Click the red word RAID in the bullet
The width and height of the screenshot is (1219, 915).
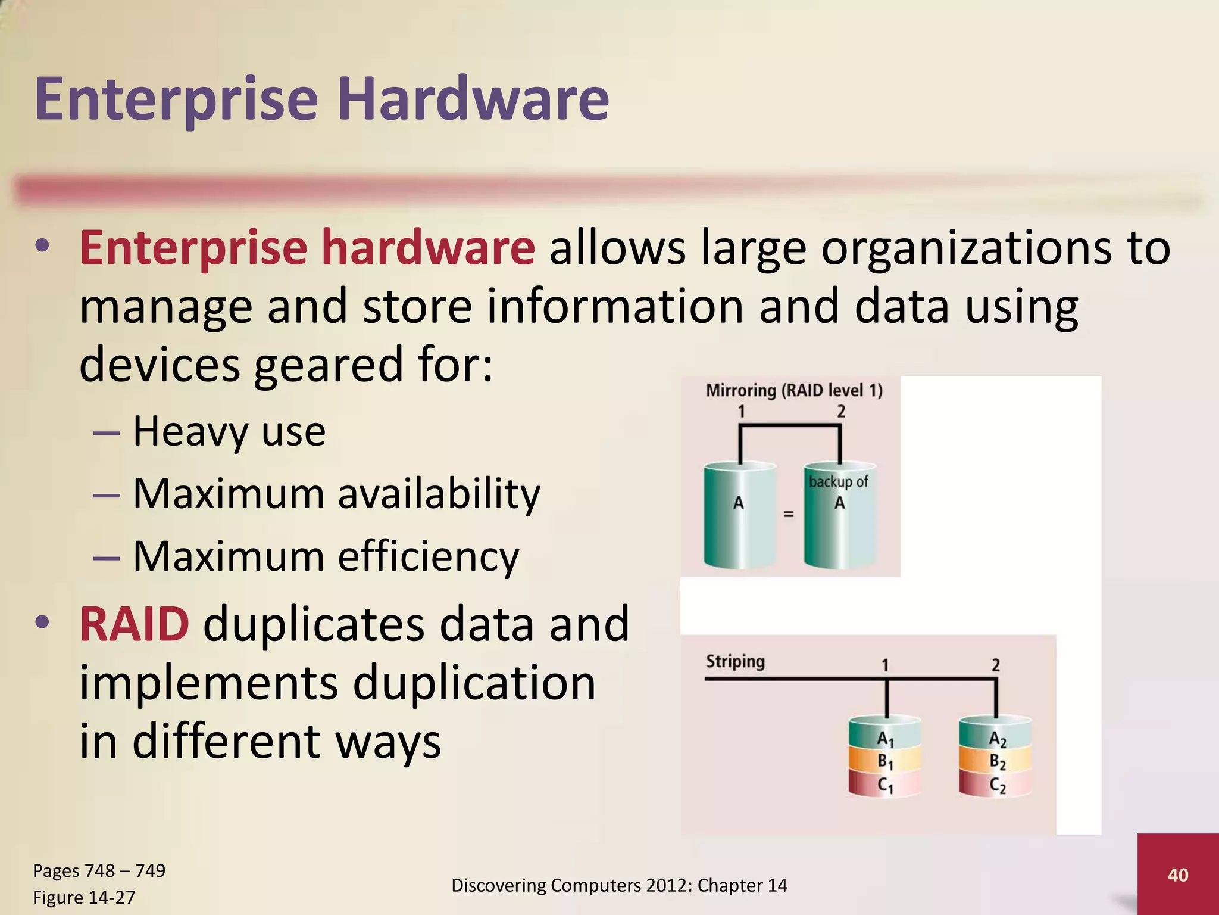(135, 624)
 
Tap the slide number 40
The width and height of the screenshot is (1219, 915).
(1178, 874)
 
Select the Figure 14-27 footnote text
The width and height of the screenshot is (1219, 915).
(84, 897)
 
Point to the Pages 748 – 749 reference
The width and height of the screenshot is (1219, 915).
(99, 870)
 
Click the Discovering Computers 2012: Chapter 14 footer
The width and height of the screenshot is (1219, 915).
(619, 885)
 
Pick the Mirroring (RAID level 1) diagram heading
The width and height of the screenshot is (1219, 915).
(794, 390)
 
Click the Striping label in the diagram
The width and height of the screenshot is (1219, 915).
(735, 661)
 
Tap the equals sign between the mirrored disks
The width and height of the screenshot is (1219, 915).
(789, 513)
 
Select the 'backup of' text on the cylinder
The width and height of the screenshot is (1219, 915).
(839, 481)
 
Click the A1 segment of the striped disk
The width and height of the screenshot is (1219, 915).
(885, 739)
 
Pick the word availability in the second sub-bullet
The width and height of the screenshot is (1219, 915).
(439, 494)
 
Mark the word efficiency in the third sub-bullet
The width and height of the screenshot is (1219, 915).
(429, 556)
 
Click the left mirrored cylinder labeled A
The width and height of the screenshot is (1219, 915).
(739, 515)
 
